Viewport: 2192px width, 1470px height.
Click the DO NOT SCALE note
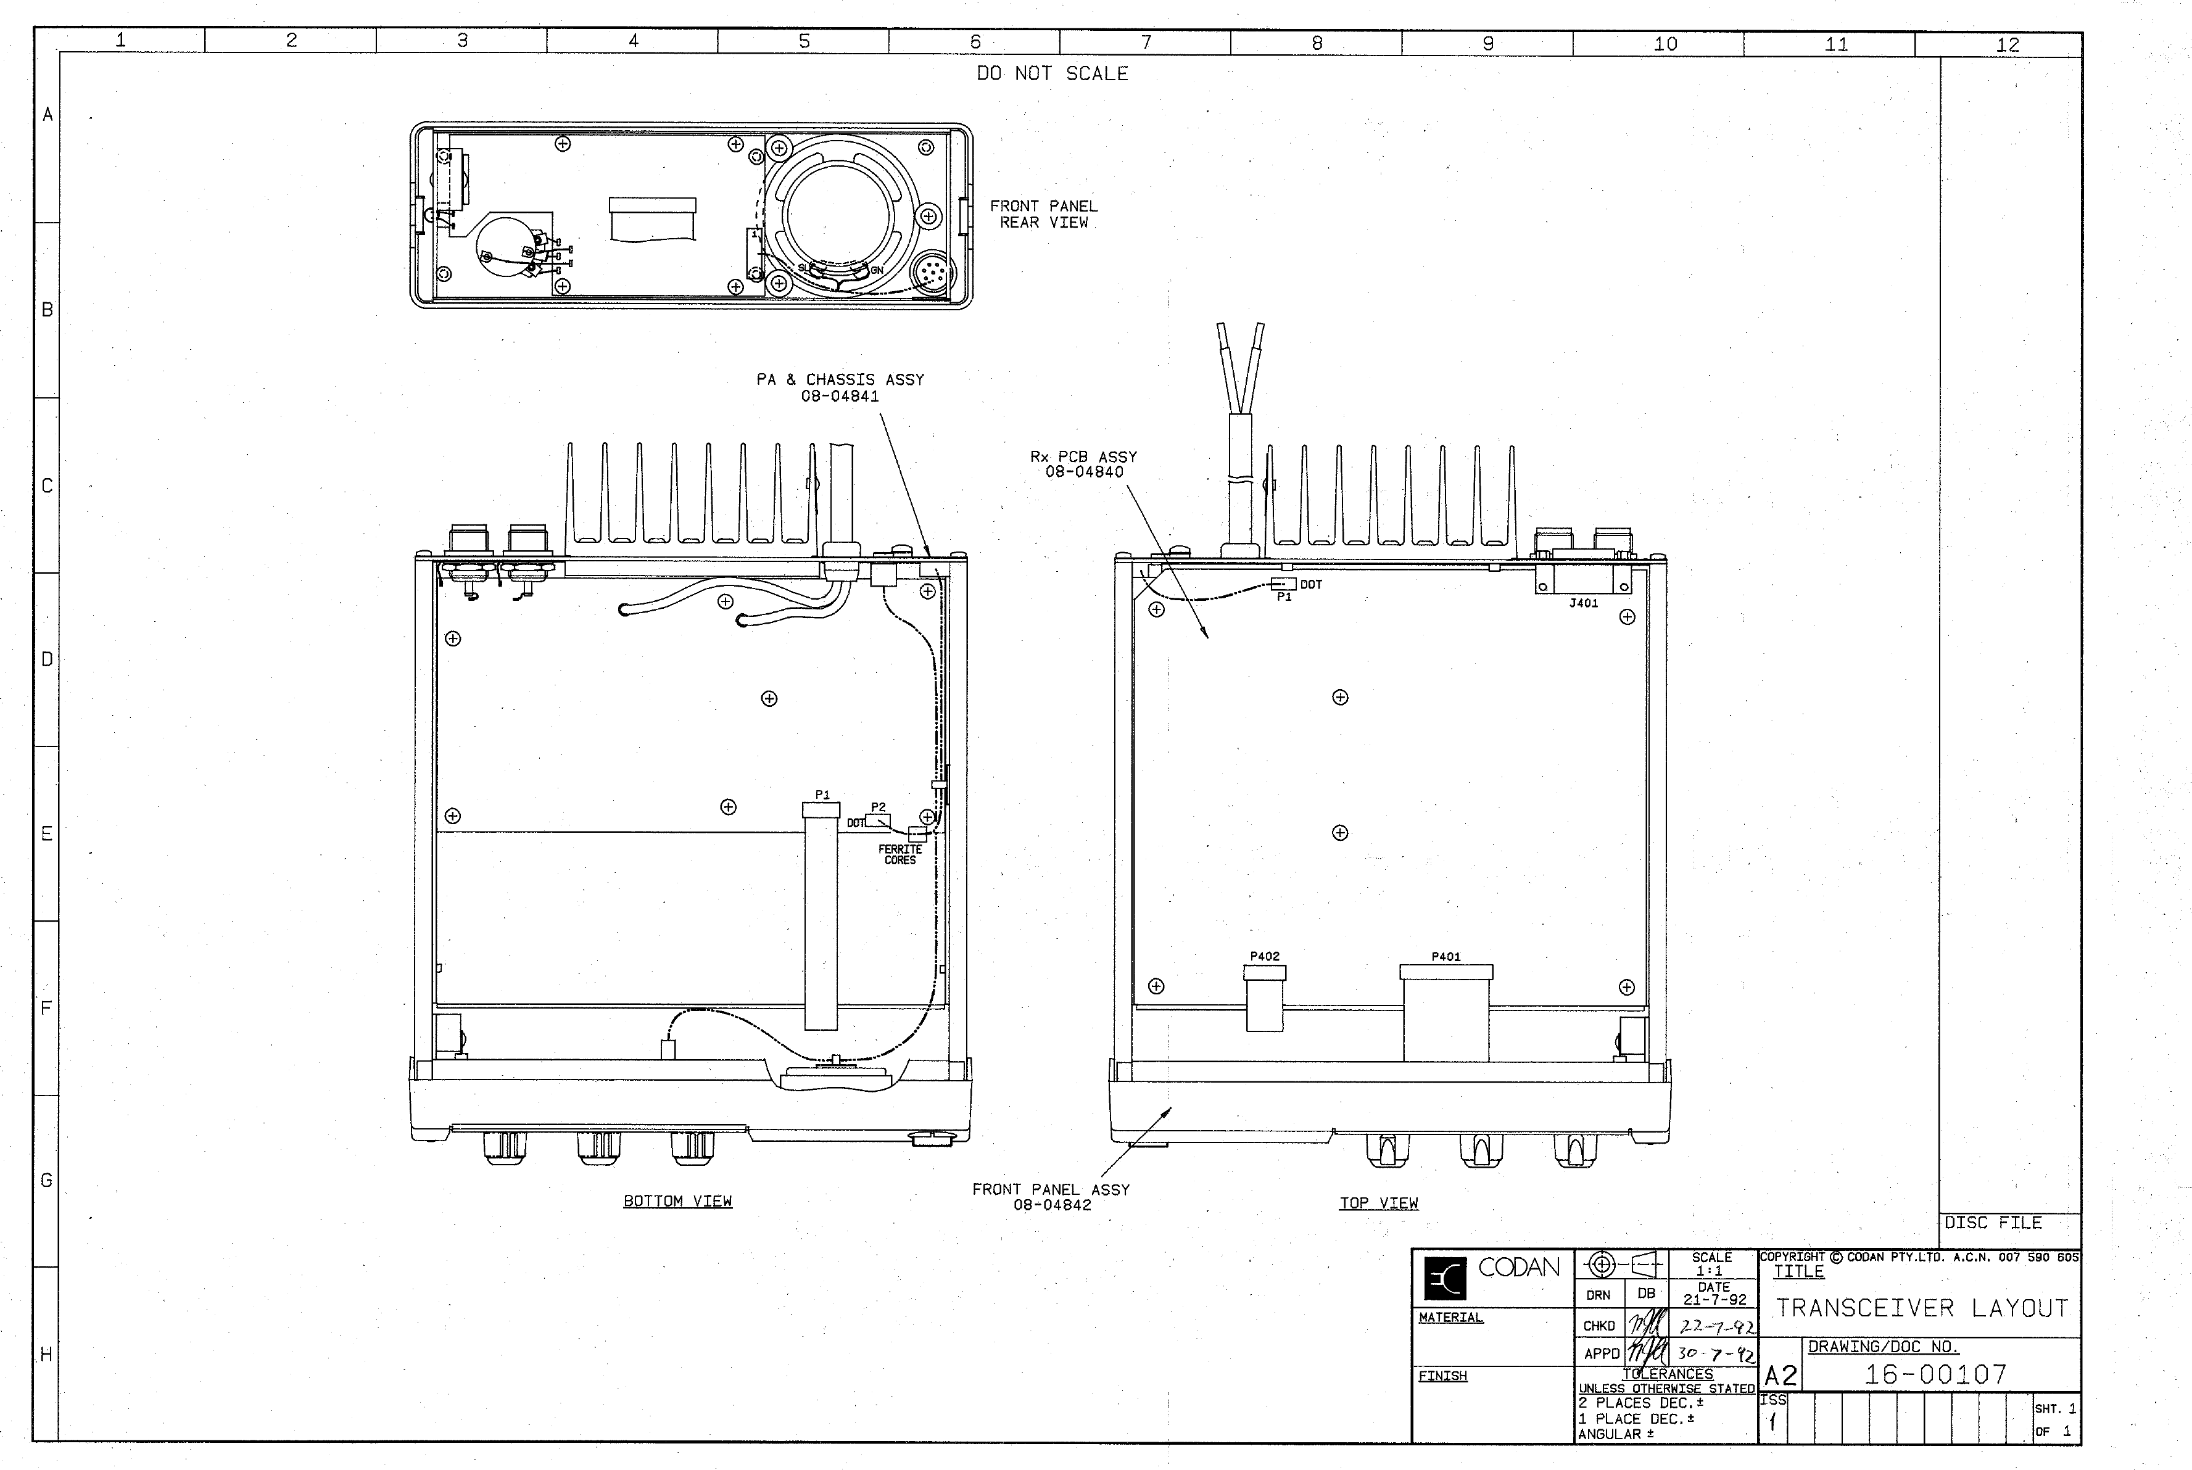[x=1052, y=73]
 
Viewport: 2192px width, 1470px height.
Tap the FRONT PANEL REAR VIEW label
[x=1043, y=215]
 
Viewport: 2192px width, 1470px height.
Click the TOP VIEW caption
[x=1378, y=1203]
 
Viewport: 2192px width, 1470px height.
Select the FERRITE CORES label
[x=900, y=855]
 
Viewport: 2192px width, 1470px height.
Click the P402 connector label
[x=1264, y=956]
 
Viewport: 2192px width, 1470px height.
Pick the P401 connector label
[x=1445, y=956]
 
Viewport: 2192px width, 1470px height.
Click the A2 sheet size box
[x=1780, y=1376]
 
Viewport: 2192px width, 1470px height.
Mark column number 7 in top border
[x=1146, y=42]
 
